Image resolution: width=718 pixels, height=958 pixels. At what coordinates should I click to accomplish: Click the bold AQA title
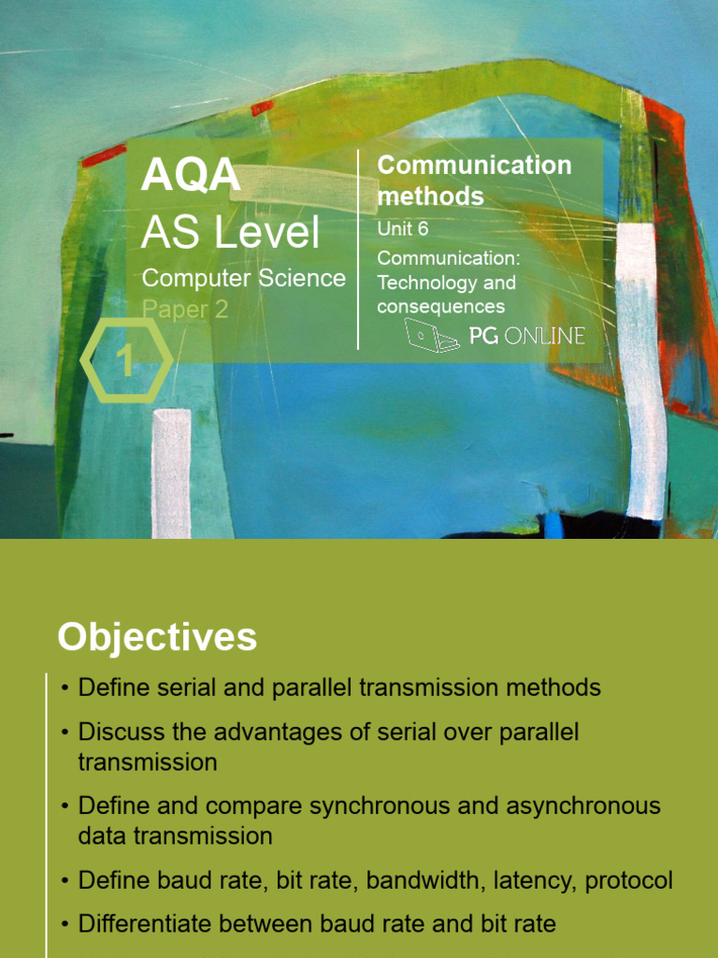click(x=191, y=176)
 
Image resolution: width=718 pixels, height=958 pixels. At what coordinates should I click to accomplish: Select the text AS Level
click(x=230, y=232)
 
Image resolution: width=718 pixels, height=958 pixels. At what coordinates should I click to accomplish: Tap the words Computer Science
click(x=243, y=278)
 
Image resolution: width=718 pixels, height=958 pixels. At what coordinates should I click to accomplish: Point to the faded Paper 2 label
click(x=184, y=310)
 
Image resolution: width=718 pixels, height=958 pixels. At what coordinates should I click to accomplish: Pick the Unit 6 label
click(x=402, y=229)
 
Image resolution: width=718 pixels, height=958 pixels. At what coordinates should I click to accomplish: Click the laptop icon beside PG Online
click(x=431, y=335)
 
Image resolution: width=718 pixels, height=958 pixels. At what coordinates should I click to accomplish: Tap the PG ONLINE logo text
click(x=526, y=335)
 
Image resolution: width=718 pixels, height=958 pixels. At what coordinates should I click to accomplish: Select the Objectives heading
click(x=157, y=637)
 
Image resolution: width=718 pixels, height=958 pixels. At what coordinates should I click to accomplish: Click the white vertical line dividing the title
click(x=358, y=249)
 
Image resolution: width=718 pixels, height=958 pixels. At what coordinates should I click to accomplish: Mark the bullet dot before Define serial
click(x=65, y=689)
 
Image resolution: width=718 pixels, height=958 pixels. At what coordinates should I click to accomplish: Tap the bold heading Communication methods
click(x=473, y=181)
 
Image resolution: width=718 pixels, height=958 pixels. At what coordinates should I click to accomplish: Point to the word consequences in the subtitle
click(x=440, y=307)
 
